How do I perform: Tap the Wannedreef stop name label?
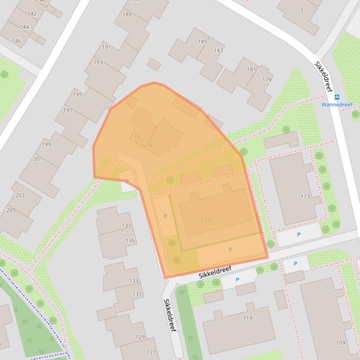pyautogui.click(x=337, y=104)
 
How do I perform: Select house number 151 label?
pyautogui.click(x=206, y=221)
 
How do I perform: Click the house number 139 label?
pyautogui.click(x=135, y=136)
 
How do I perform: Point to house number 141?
pyautogui.click(x=150, y=145)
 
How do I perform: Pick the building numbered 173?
pyautogui.click(x=305, y=196)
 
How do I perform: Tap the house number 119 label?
pyautogui.click(x=248, y=318)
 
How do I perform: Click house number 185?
pyautogui.click(x=202, y=42)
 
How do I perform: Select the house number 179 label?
pyautogui.click(x=267, y=79)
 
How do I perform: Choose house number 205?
pyautogui.click(x=11, y=210)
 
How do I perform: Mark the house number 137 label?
pyautogui.click(x=126, y=225)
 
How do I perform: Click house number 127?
pyautogui.click(x=151, y=352)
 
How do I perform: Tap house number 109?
pyautogui.click(x=341, y=343)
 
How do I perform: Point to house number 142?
pyautogui.click(x=32, y=14)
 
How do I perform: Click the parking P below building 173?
pyautogui.click(x=299, y=235)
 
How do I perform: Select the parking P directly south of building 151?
pyautogui.click(x=230, y=250)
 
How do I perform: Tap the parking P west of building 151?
pyautogui.click(x=165, y=216)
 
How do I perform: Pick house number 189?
pyautogui.click(x=127, y=14)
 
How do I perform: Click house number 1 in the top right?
pyautogui.click(x=302, y=10)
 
